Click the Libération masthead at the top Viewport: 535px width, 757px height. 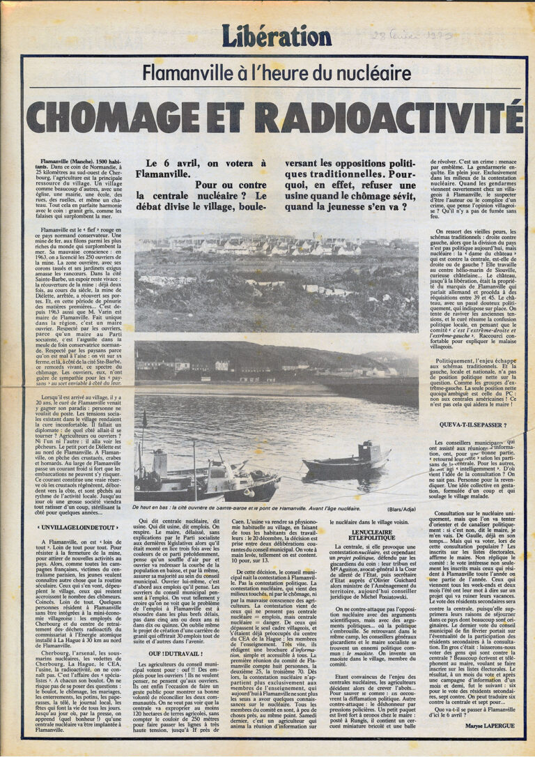coord(276,35)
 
